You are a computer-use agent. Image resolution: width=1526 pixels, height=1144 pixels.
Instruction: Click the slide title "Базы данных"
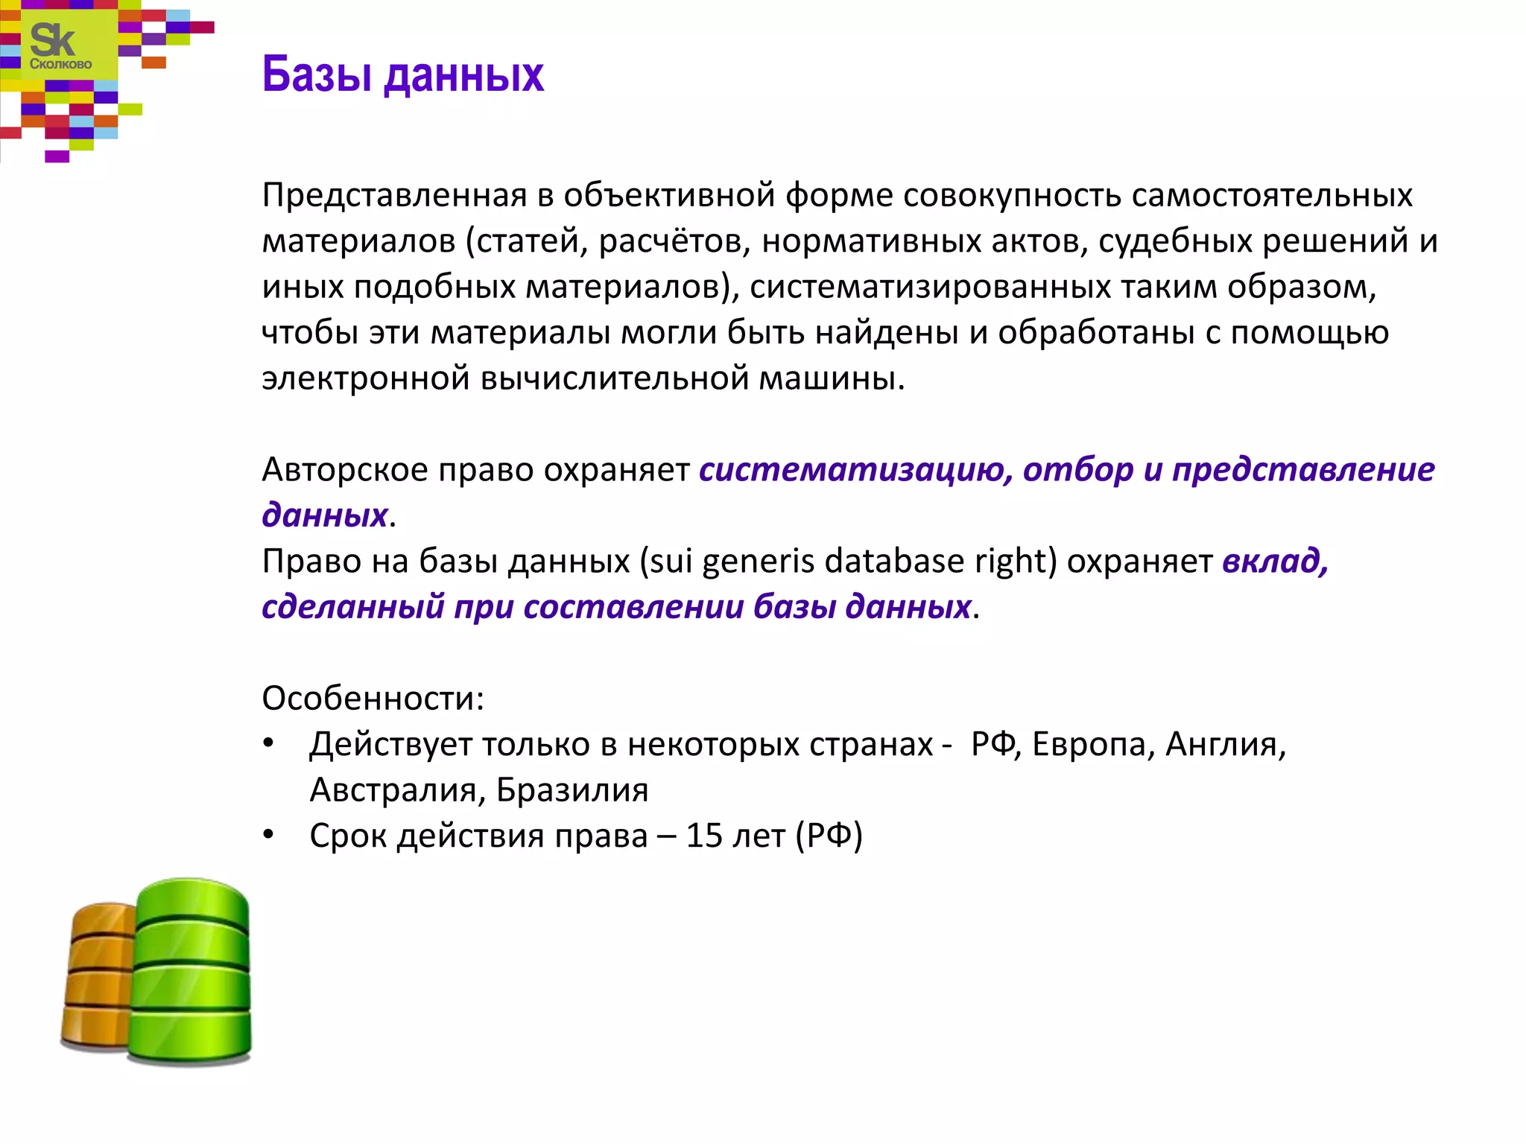(x=402, y=75)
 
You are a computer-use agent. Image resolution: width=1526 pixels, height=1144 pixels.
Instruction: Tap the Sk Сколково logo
(x=60, y=46)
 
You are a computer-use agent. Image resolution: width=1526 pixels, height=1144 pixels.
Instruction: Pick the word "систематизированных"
(x=930, y=287)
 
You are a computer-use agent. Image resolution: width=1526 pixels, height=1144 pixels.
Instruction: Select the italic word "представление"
(x=1302, y=470)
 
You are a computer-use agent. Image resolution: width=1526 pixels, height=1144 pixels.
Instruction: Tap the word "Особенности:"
(x=373, y=699)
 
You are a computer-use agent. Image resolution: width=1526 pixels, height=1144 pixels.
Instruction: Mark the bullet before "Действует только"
(x=269, y=744)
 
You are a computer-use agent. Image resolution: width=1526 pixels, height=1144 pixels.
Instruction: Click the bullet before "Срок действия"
(x=269, y=836)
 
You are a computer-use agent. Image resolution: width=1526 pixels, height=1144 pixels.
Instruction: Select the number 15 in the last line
(x=703, y=836)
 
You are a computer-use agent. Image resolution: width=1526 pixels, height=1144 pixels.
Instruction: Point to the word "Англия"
(x=1225, y=745)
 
